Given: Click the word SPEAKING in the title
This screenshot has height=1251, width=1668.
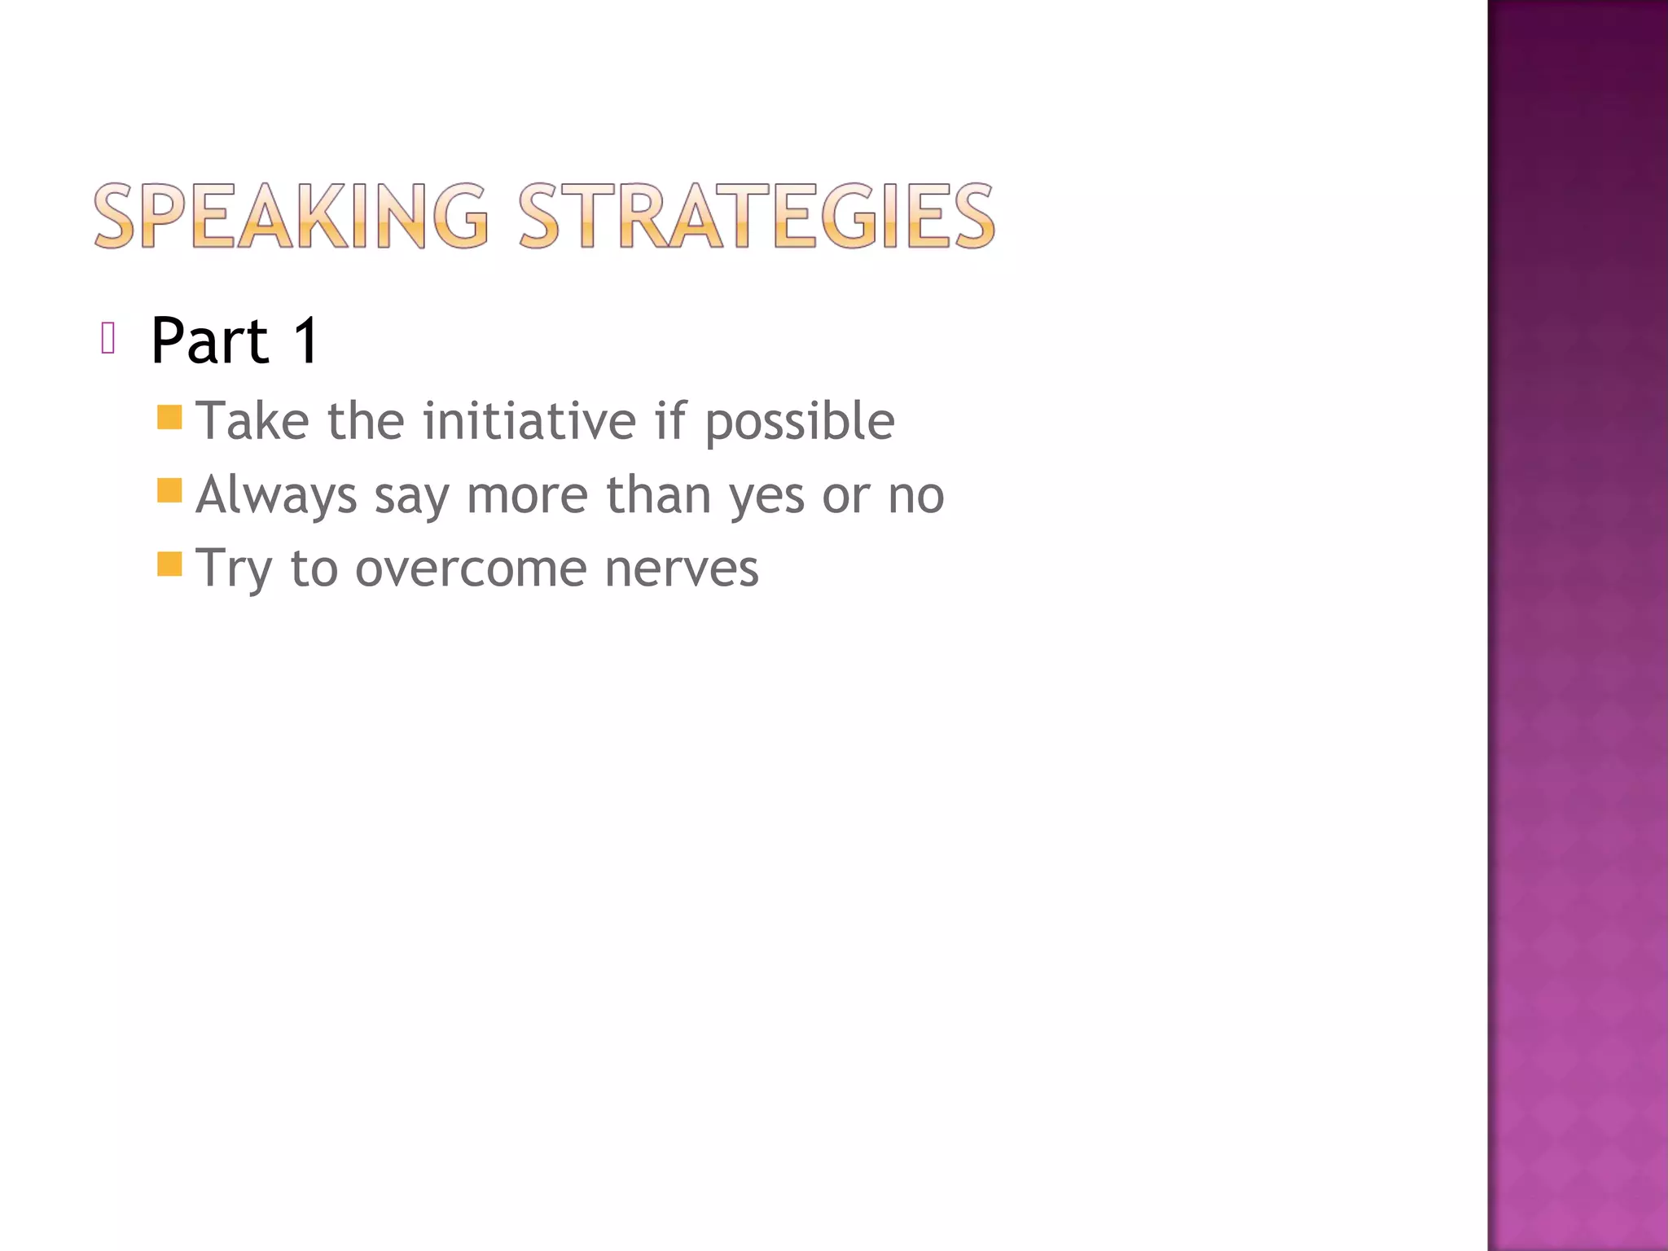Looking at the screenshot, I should click(x=291, y=216).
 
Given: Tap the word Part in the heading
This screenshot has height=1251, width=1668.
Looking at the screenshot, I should click(x=209, y=340).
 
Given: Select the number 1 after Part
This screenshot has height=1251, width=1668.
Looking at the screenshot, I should click(x=306, y=340).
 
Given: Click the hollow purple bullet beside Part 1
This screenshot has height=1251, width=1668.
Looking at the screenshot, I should click(x=108, y=338).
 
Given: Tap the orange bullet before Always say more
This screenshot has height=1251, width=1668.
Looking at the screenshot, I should click(x=169, y=491).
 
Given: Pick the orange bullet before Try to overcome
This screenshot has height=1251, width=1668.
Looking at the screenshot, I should click(x=169, y=564).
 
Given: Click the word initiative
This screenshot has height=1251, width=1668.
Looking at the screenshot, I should click(x=529, y=421).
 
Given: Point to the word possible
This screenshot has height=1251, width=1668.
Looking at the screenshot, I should click(x=800, y=423).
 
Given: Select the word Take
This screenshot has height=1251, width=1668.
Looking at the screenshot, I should click(x=253, y=421).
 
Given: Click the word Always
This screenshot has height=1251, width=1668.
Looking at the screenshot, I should click(x=276, y=495).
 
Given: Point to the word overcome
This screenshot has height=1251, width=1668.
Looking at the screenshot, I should click(x=471, y=568).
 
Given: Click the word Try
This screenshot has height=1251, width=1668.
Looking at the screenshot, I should click(x=234, y=568).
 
